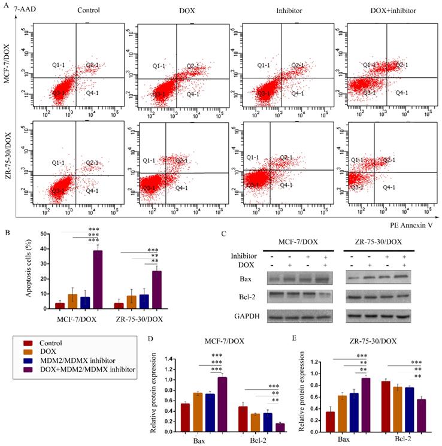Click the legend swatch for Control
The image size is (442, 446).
click(27, 343)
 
